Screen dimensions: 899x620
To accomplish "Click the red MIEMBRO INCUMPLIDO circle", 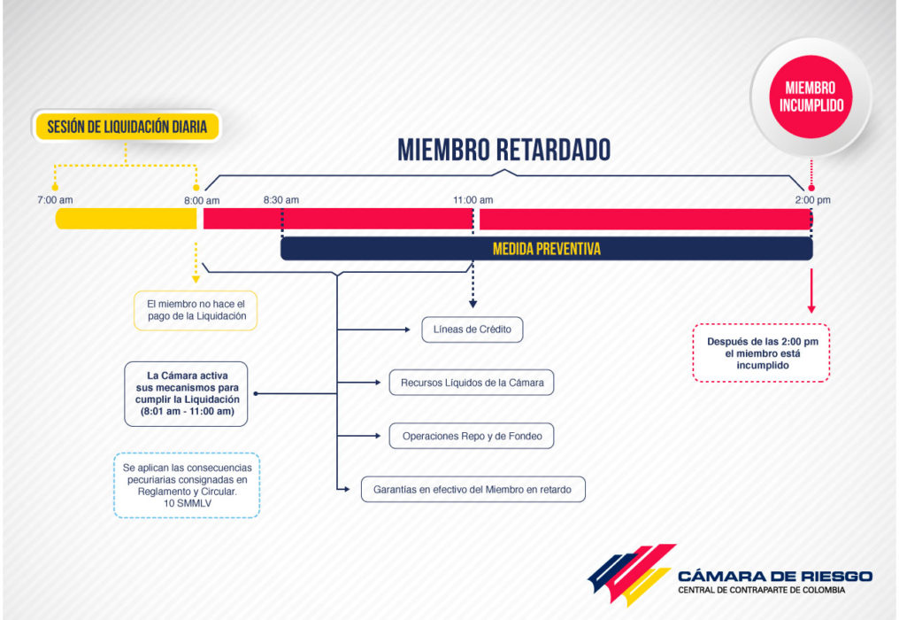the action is [x=811, y=97].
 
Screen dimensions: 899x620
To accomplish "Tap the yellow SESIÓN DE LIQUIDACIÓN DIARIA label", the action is [x=127, y=127].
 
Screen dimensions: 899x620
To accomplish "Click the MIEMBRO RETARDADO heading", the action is [x=504, y=150].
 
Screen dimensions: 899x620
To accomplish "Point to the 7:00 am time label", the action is [x=55, y=200].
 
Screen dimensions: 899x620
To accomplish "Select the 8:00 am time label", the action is [x=202, y=200].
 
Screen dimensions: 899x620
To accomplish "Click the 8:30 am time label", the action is [x=281, y=200].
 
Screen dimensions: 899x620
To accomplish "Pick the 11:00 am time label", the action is [x=473, y=200].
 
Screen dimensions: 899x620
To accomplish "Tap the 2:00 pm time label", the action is [x=812, y=200].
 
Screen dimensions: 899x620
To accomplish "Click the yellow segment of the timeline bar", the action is [x=127, y=219].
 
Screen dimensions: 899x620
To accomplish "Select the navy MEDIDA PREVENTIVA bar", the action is [x=547, y=249].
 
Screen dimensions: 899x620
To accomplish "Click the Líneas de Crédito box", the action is [x=473, y=329].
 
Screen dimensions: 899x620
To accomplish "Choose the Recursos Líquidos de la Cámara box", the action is [x=472, y=383].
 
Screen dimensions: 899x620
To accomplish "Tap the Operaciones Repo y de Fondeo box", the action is [x=472, y=436].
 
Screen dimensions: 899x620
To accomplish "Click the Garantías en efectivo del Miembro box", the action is [x=473, y=489].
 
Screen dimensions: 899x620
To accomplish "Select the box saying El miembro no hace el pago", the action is [x=196, y=311].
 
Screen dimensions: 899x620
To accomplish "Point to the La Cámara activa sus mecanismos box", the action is [x=187, y=394].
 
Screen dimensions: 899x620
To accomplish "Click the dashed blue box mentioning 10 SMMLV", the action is [x=187, y=485].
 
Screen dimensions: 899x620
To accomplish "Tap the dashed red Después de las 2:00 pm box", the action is [x=761, y=353].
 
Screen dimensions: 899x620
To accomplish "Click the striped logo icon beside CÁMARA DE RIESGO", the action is [x=632, y=575].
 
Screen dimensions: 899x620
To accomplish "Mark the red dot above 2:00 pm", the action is [x=811, y=188].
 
